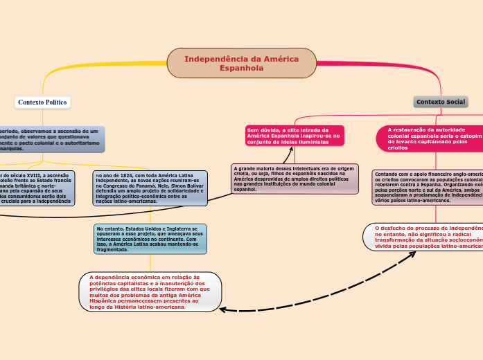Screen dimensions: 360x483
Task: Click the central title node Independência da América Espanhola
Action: pos(241,63)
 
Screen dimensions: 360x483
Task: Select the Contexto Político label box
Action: pos(42,102)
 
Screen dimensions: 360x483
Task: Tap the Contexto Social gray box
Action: pos(441,102)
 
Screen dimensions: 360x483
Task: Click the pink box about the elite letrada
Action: pos(295,136)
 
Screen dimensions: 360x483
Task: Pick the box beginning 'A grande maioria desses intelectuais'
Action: pos(295,179)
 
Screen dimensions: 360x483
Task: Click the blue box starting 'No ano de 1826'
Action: pos(150,188)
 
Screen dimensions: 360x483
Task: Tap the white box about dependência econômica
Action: pos(150,291)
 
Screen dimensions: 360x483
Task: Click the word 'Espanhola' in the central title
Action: pos(241,69)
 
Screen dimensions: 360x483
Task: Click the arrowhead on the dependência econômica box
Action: pos(223,309)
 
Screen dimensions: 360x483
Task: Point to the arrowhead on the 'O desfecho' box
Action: pos(414,253)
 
